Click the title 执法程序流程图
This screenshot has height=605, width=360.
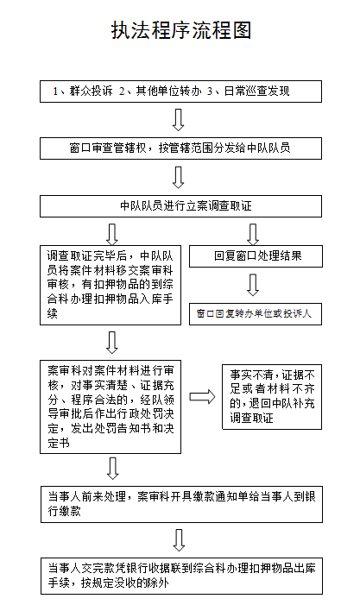181,30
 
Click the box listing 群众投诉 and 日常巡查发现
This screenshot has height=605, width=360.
180,91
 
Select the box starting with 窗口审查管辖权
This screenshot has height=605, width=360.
180,148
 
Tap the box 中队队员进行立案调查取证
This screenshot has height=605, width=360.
180,206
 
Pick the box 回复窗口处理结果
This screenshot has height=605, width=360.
256,256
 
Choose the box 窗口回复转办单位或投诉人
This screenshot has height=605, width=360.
255,314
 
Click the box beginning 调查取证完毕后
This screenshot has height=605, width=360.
111,285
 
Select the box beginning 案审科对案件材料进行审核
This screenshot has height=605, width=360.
111,406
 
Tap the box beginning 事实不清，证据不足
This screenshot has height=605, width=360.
272,397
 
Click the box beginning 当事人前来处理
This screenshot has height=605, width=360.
181,504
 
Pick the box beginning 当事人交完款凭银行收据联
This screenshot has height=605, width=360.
181,576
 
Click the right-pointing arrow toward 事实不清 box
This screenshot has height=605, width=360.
202,397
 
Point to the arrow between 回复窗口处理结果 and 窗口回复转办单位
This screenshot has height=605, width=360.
253,285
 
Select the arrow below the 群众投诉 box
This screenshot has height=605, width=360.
178,120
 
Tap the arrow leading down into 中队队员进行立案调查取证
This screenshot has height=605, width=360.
178,178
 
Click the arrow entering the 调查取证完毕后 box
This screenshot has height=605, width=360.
112,234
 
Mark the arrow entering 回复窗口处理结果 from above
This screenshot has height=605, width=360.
253,234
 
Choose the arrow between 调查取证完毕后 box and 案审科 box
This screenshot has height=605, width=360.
112,343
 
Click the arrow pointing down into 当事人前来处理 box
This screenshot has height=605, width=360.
112,469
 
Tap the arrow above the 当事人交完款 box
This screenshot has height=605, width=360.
179,540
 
